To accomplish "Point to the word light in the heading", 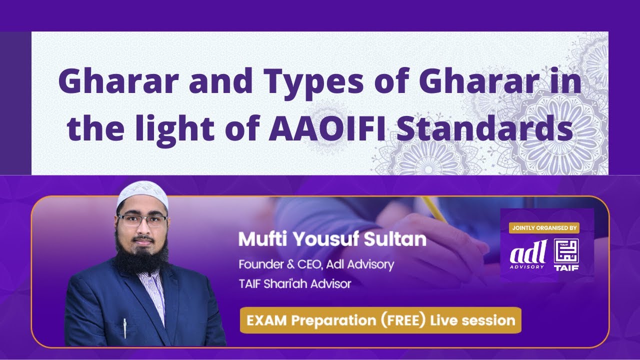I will pyautogui.click(x=171, y=128).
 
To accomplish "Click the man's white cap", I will pyautogui.click(x=142, y=195).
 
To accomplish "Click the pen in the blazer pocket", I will pyautogui.click(x=124, y=328).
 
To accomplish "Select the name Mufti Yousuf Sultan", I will pyautogui.click(x=332, y=239).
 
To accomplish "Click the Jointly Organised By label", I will pyautogui.click(x=544, y=228).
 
